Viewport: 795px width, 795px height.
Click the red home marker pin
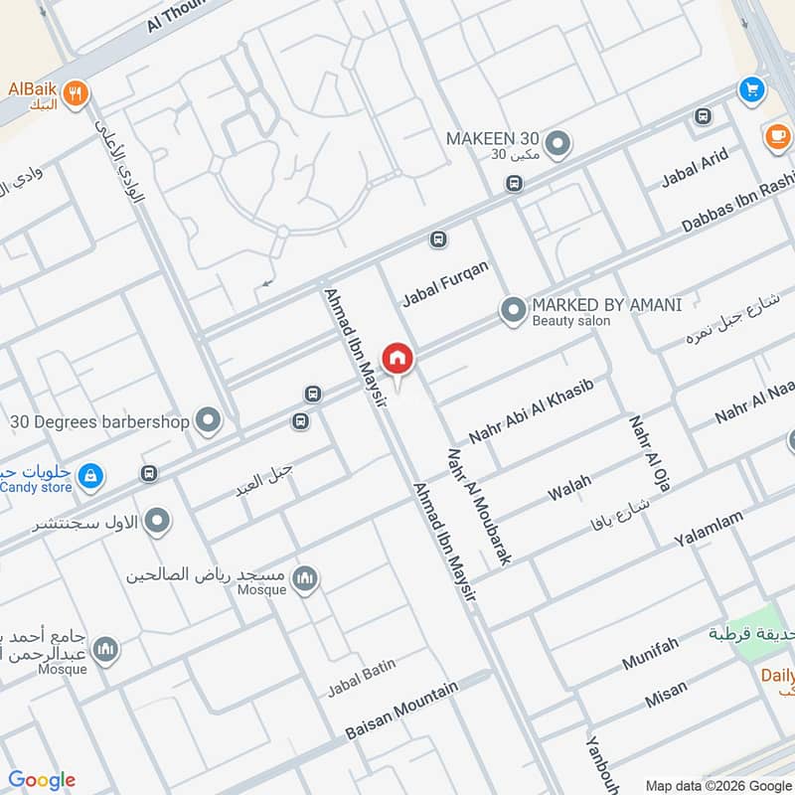coord(397,358)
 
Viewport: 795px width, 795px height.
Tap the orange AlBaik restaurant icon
coord(77,93)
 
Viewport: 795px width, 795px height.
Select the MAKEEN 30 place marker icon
coord(558,145)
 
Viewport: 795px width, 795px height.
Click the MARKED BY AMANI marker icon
coord(513,312)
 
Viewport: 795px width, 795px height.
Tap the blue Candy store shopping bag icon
coord(90,477)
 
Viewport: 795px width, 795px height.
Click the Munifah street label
coord(650,654)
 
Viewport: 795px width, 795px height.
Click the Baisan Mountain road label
coord(401,711)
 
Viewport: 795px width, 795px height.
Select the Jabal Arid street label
coord(695,168)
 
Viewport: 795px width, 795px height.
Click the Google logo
coord(42,780)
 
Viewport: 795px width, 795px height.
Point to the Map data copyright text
coord(715,784)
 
